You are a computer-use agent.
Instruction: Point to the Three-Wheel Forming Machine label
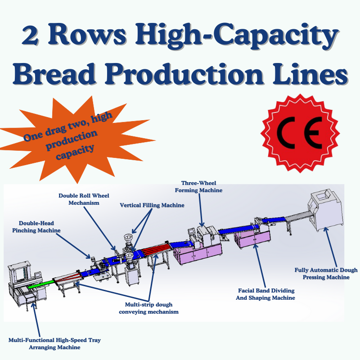click(202, 187)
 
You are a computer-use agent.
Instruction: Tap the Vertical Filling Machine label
click(152, 205)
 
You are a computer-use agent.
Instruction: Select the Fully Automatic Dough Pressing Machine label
click(326, 274)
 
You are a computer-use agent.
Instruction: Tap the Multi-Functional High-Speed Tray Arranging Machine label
click(54, 343)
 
